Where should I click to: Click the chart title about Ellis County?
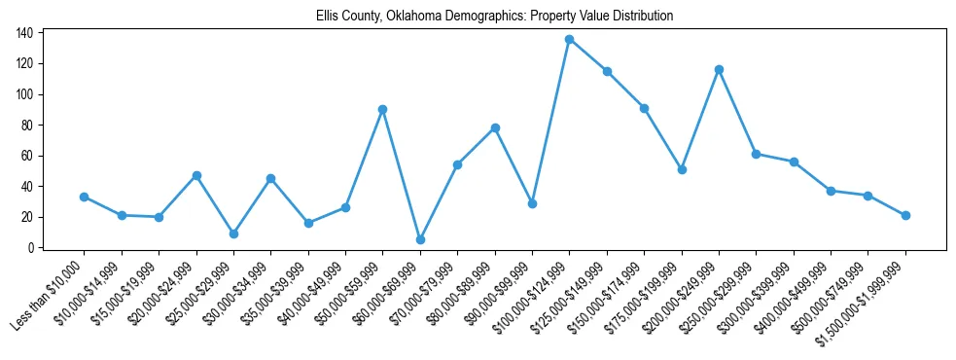(x=494, y=17)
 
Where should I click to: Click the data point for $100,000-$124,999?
(x=569, y=39)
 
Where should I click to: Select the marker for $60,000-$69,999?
(x=420, y=239)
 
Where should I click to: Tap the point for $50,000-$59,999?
(x=383, y=109)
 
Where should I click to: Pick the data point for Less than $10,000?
(x=85, y=197)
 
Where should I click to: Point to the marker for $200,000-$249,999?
(x=719, y=69)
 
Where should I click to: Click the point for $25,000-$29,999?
(x=233, y=234)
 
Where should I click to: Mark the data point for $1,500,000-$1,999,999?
(x=905, y=215)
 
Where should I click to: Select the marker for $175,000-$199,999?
(x=682, y=169)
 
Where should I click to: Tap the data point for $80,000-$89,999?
(x=495, y=127)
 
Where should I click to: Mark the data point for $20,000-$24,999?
(x=196, y=175)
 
